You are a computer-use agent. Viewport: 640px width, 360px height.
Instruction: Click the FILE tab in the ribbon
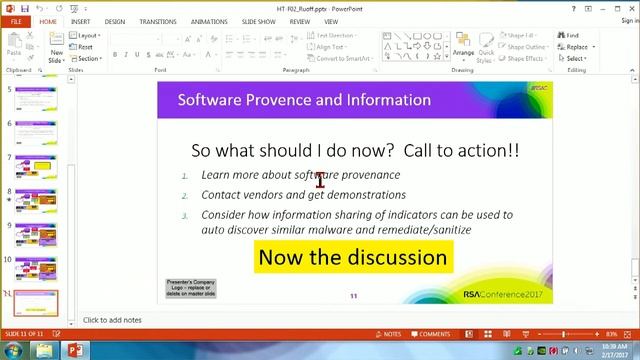[16, 21]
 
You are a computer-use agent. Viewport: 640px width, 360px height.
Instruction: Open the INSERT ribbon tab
[80, 21]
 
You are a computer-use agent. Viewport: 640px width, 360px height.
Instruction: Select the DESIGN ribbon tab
[115, 21]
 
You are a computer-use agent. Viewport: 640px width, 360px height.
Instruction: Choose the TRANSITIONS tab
[158, 21]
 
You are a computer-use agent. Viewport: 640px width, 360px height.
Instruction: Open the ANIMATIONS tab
[210, 21]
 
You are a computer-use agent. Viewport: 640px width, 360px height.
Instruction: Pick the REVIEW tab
[299, 21]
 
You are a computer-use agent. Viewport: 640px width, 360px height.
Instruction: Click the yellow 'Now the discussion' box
[352, 257]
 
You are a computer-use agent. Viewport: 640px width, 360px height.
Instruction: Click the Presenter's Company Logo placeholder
[191, 289]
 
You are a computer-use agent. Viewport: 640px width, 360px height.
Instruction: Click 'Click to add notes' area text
[112, 320]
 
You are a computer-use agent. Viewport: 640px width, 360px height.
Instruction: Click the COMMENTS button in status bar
[430, 334]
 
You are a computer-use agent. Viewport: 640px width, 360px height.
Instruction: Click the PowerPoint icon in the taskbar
[71, 350]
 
